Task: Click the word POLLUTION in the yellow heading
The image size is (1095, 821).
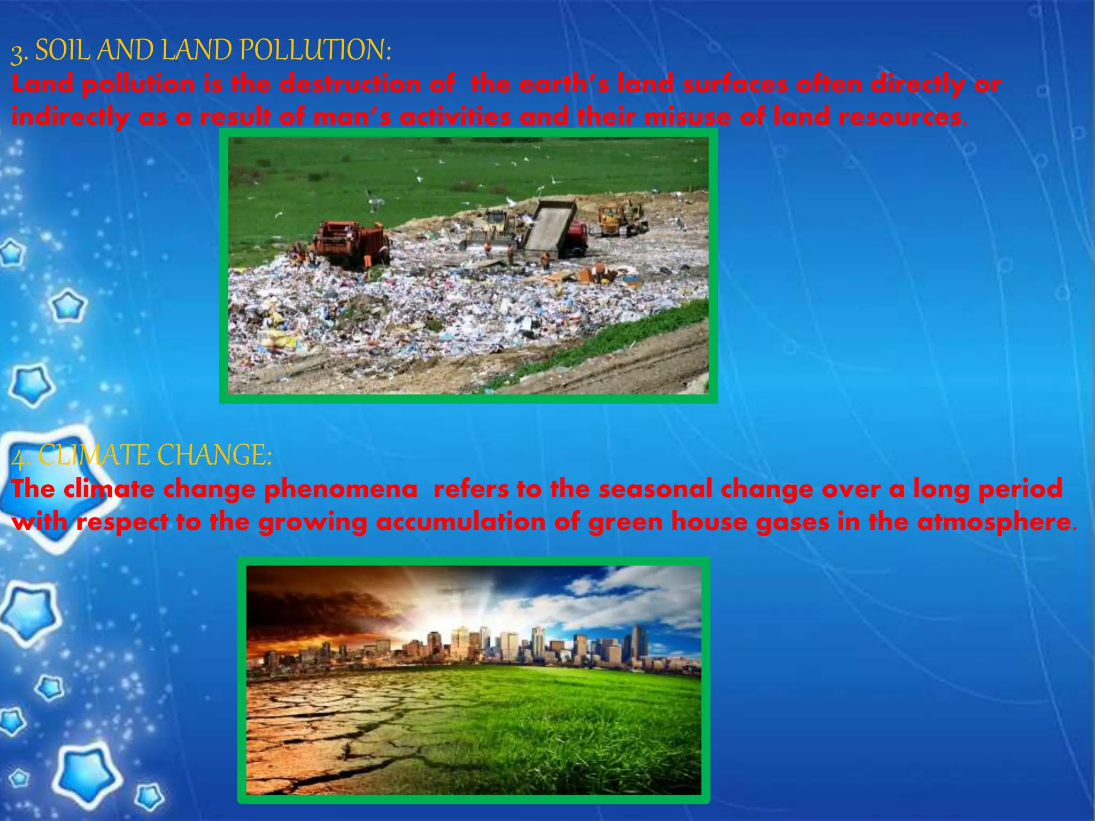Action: pyautogui.click(x=315, y=51)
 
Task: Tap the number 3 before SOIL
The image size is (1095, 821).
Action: pyautogui.click(x=18, y=53)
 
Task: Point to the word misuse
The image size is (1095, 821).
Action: pyautogui.click(x=688, y=117)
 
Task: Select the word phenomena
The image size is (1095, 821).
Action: pyautogui.click(x=341, y=490)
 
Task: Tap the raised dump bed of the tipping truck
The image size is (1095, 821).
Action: pyautogui.click(x=551, y=224)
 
